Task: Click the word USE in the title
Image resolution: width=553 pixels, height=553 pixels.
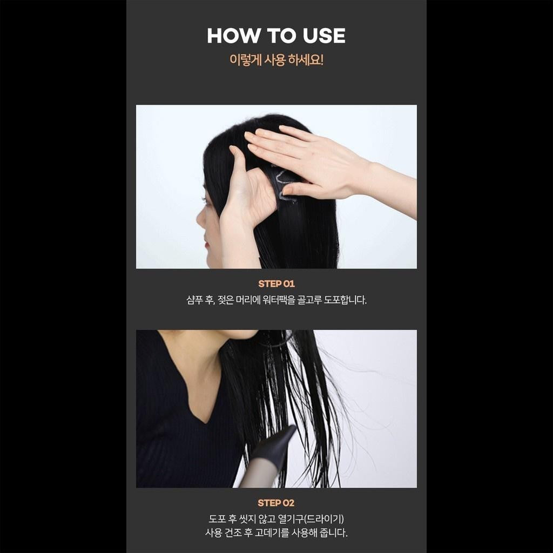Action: click(x=324, y=36)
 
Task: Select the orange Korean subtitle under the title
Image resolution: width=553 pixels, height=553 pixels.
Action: click(x=276, y=59)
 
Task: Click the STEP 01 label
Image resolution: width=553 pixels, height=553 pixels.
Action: click(x=276, y=284)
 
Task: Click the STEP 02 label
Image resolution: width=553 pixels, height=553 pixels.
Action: click(x=276, y=503)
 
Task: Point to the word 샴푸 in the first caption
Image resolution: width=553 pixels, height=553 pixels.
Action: click(x=194, y=300)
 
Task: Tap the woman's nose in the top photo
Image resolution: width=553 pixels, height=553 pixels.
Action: click(x=200, y=219)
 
